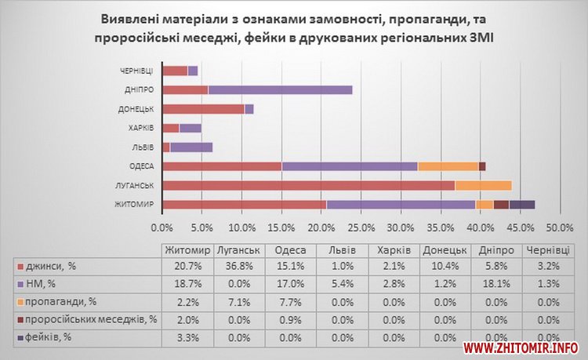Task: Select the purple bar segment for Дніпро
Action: click(x=280, y=89)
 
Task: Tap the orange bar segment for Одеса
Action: click(x=448, y=165)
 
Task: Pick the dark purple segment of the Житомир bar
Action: click(x=522, y=204)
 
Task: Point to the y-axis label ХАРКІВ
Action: click(x=141, y=128)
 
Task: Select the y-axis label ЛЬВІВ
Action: click(x=143, y=147)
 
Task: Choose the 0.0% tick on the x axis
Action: click(x=162, y=227)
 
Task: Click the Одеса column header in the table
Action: click(x=281, y=250)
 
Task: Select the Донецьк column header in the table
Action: click(x=446, y=250)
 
